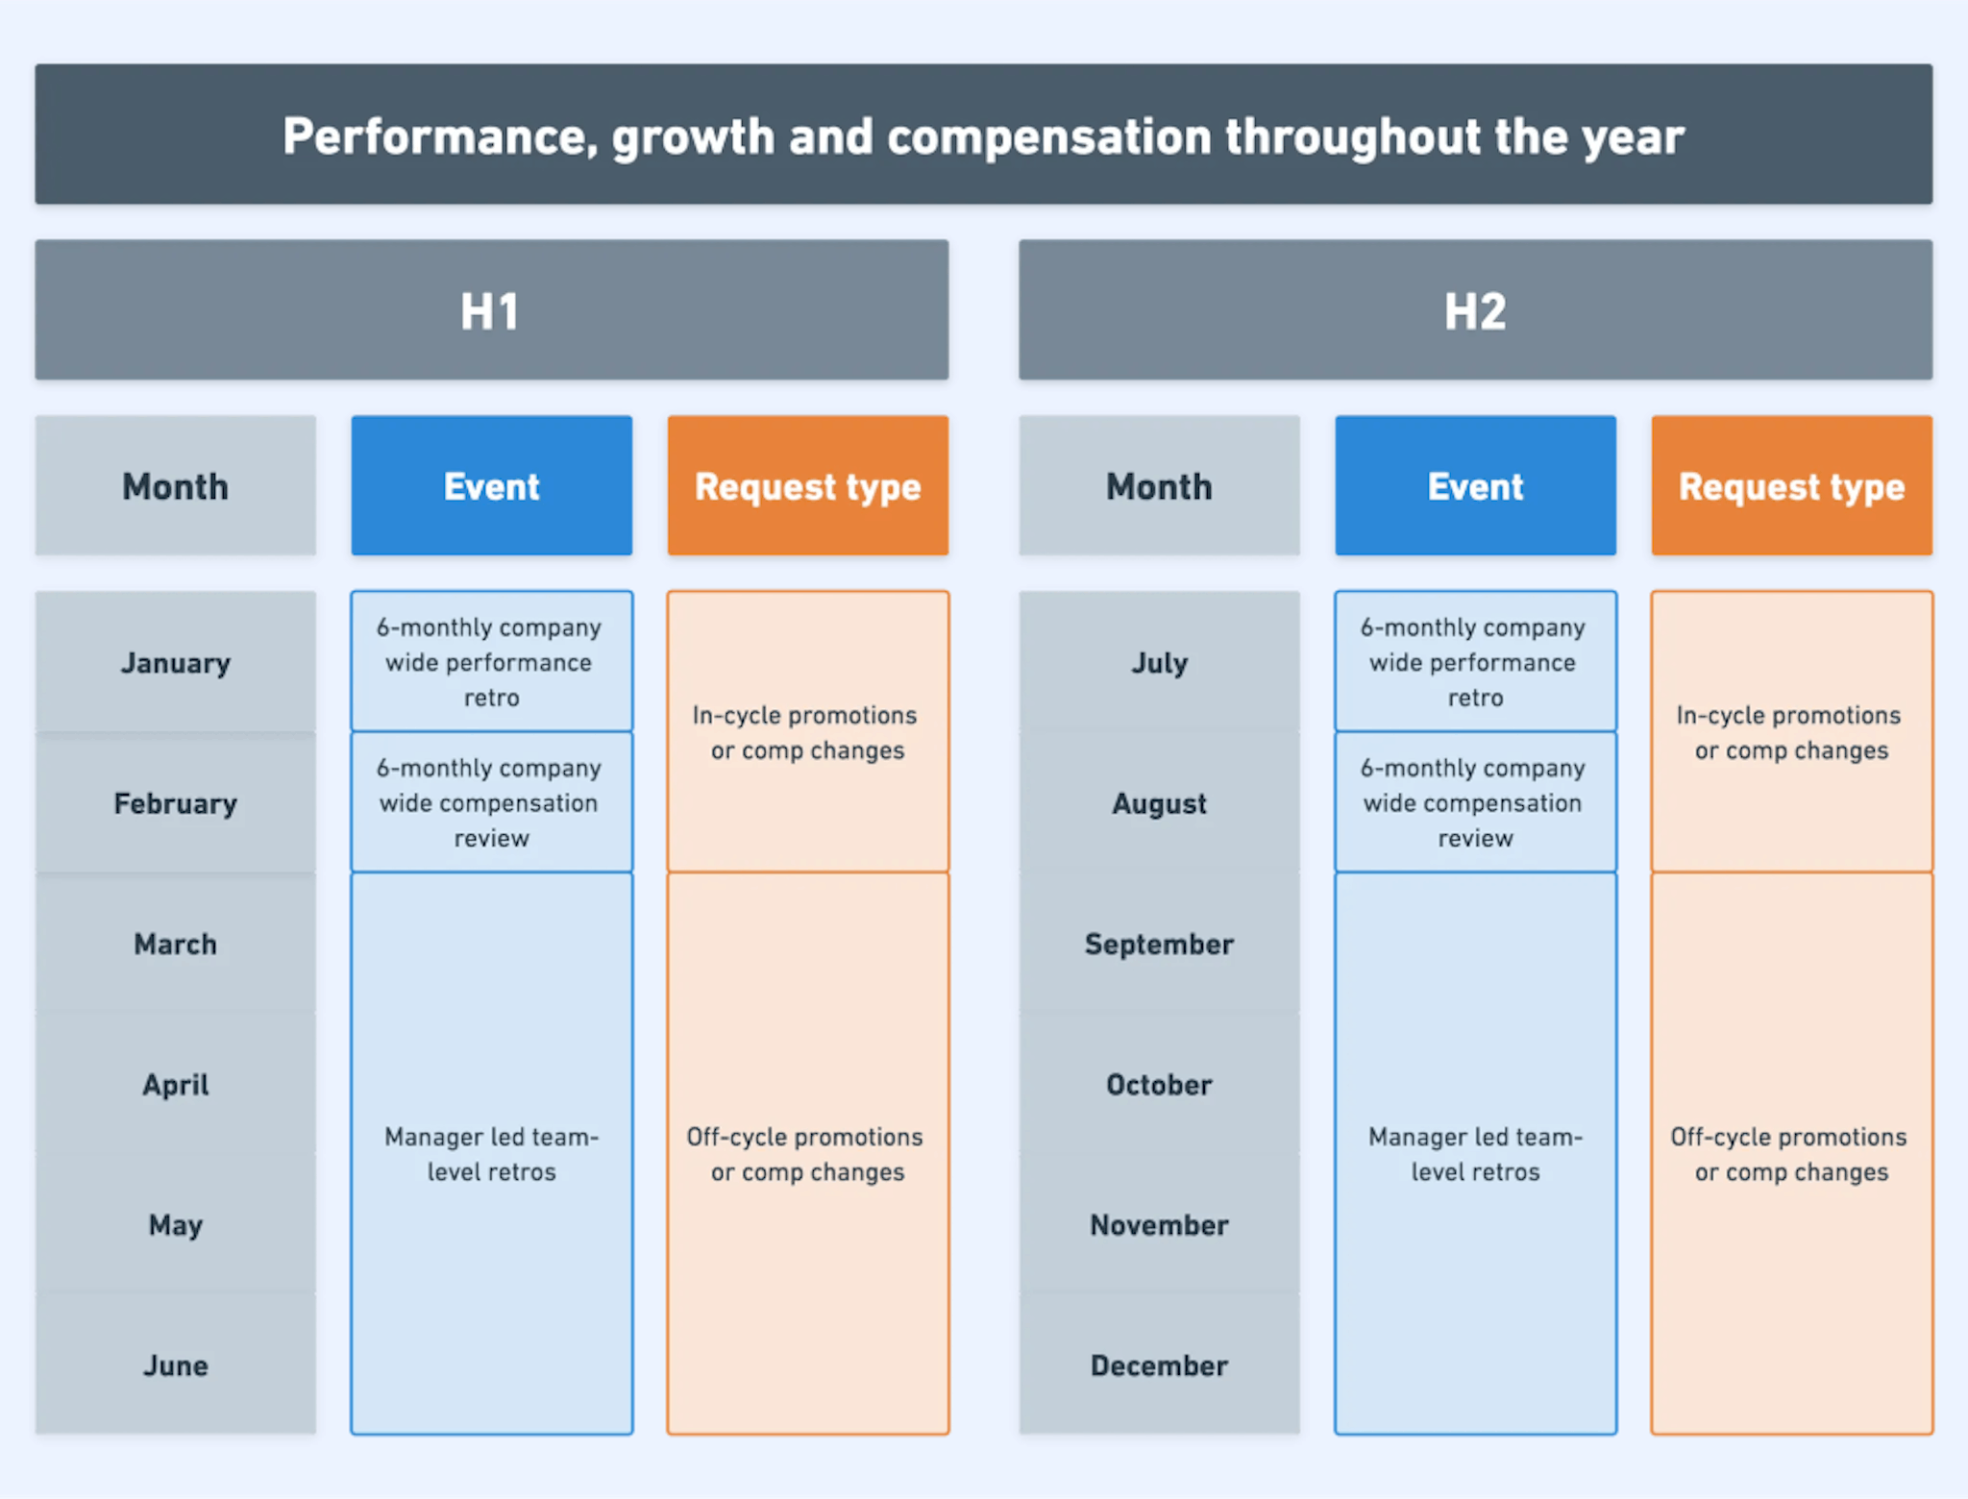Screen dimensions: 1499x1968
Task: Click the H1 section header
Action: click(491, 310)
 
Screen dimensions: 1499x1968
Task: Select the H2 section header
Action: click(1475, 310)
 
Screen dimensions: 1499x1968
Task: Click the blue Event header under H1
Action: click(491, 486)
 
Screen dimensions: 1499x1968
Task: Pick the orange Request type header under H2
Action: click(1791, 486)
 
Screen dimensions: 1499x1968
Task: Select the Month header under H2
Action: click(1159, 486)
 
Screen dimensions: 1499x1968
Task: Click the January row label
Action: click(176, 663)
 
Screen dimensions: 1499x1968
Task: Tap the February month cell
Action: click(176, 803)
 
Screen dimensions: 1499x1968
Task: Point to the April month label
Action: click(176, 1085)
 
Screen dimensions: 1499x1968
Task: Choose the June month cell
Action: click(176, 1365)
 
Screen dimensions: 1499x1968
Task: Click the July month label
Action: click(1159, 663)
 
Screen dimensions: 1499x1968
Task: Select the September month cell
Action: click(1159, 945)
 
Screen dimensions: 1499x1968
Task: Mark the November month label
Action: click(1159, 1225)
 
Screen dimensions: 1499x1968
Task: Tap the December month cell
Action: click(1159, 1365)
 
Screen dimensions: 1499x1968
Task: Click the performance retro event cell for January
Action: click(491, 662)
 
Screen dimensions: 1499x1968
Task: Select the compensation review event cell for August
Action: click(1475, 802)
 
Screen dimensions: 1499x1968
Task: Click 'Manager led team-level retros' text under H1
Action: click(491, 1154)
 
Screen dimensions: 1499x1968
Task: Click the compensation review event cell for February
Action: click(491, 802)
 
